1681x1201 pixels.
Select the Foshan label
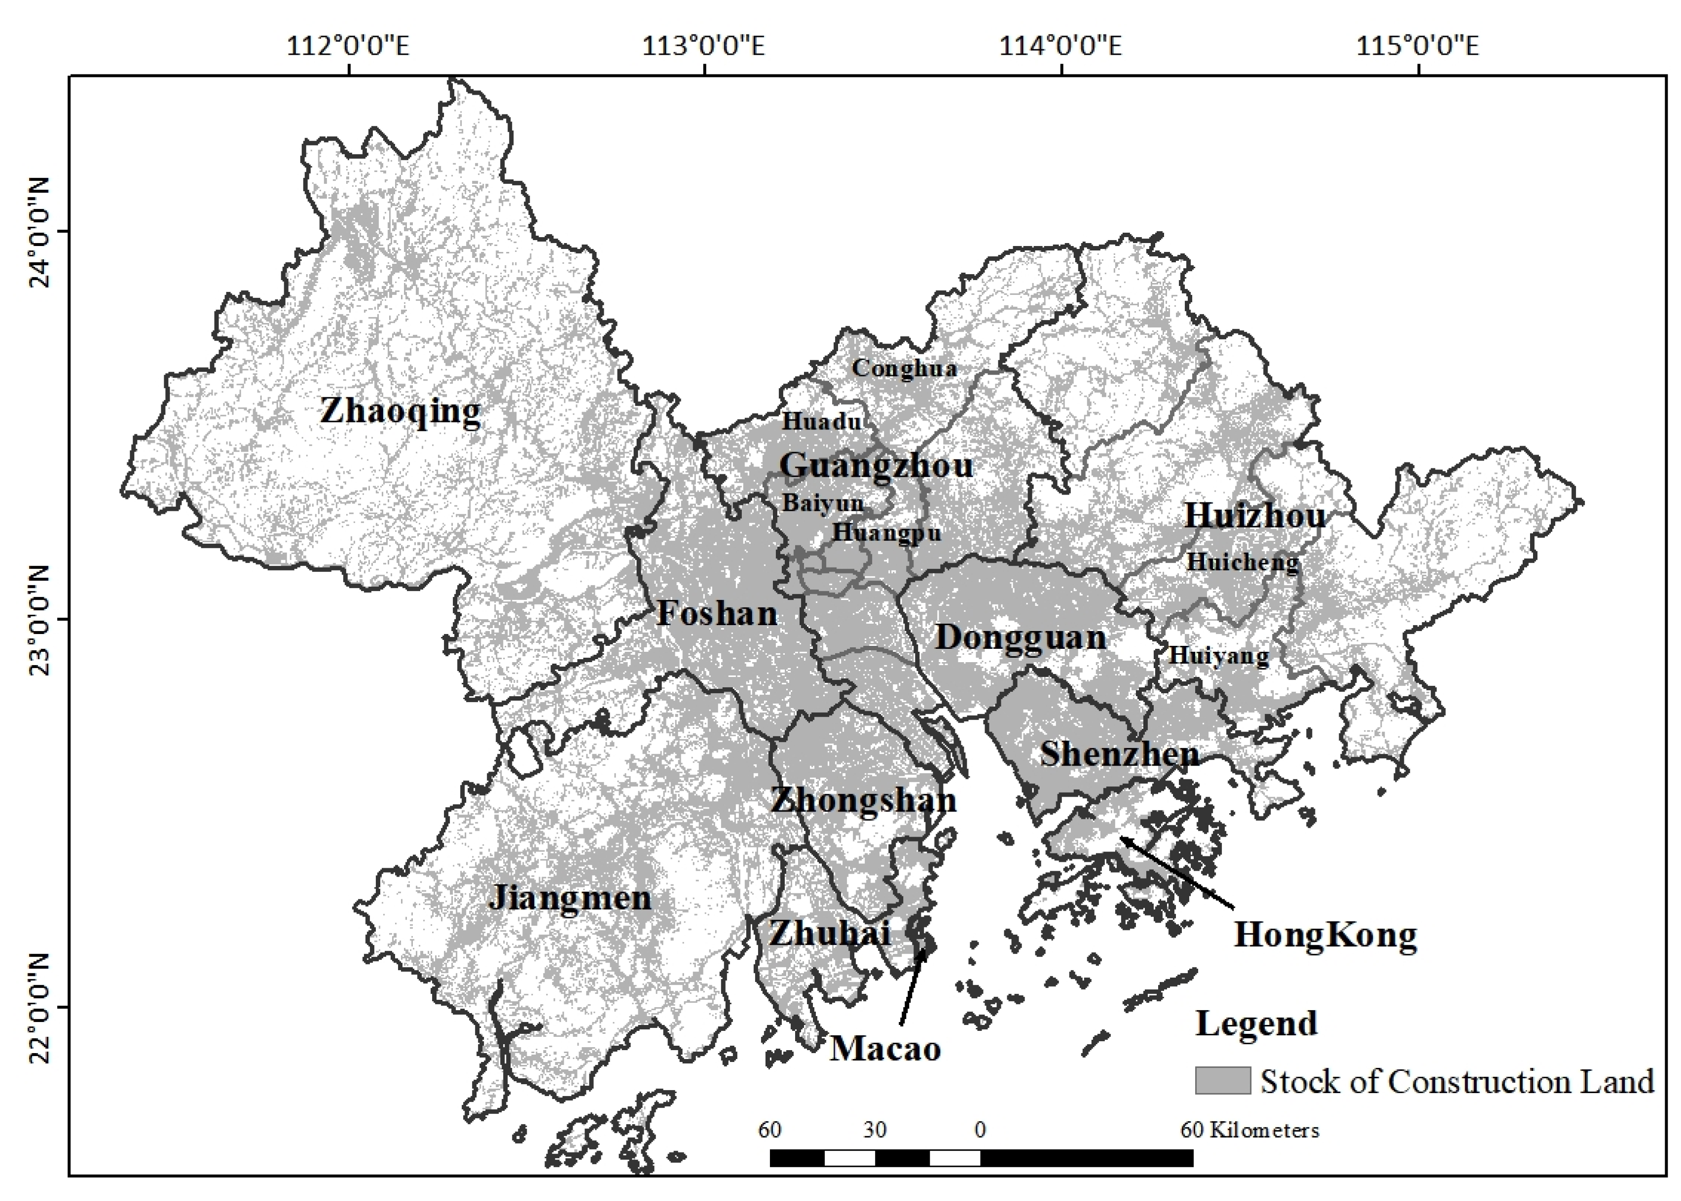717,613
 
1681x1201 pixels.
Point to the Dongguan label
1020,637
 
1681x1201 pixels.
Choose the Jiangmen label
570,898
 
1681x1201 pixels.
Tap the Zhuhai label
829,933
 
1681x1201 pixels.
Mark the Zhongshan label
863,800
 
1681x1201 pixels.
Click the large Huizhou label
1255,516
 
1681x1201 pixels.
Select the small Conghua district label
904,368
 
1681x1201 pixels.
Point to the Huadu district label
822,422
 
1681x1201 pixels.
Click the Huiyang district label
1218,655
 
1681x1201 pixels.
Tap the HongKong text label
1325,935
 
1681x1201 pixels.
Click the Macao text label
885,1049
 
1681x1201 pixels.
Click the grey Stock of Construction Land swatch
1222,1081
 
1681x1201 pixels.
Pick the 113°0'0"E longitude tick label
703,46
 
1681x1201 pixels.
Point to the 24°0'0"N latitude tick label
37,231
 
